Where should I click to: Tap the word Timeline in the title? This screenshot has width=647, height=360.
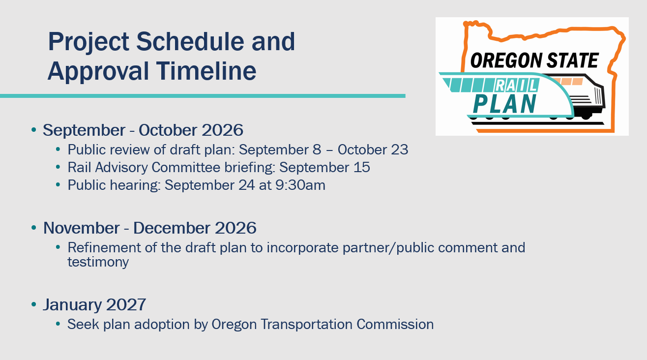pos(206,71)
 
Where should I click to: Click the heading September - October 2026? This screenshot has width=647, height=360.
pos(143,130)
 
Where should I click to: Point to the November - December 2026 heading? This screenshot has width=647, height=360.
pos(149,228)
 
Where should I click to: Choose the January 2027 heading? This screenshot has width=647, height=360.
pos(94,305)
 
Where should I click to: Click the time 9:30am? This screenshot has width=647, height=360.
pos(300,185)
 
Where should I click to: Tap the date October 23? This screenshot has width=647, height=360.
pos(373,150)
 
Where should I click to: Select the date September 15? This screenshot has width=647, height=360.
pos(324,168)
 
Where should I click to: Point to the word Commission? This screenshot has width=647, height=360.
pos(395,325)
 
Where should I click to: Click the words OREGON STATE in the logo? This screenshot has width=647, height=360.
pos(534,60)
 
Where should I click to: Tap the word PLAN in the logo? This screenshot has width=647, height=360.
pos(504,104)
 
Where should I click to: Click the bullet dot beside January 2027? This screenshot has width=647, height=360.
pos(34,304)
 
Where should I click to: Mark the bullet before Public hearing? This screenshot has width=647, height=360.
pos(58,185)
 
